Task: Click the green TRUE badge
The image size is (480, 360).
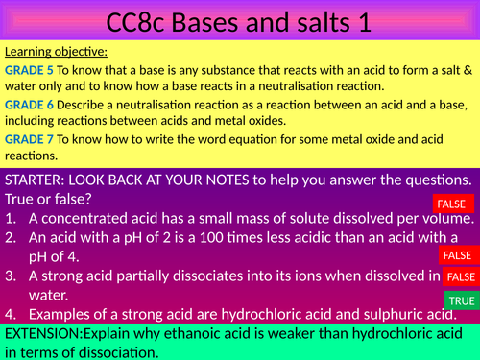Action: click(x=461, y=300)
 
